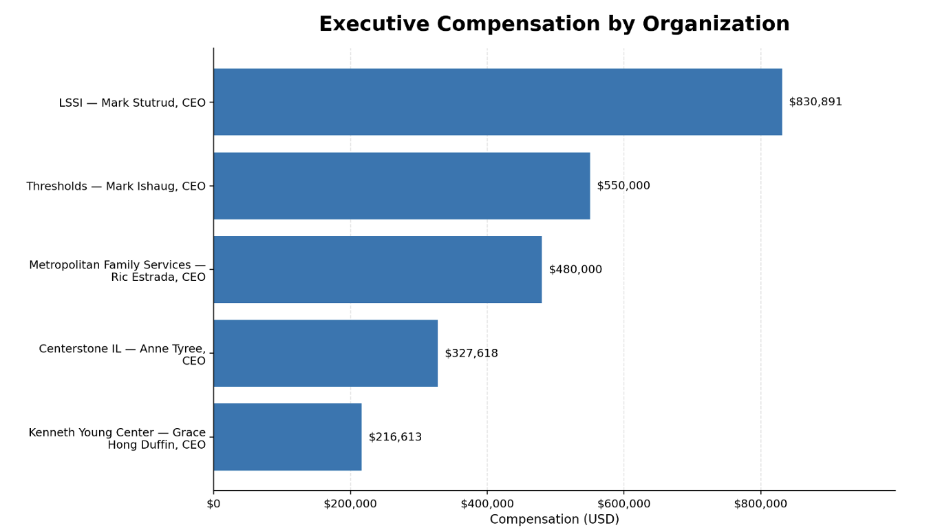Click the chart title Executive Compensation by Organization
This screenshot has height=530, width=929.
click(554, 25)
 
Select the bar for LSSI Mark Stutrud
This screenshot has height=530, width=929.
click(498, 102)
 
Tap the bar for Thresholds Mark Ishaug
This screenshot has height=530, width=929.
click(401, 186)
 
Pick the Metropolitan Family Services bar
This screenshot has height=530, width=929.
click(377, 270)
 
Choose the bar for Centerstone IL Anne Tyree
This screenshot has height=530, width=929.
click(325, 354)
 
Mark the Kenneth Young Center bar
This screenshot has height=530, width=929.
click(287, 437)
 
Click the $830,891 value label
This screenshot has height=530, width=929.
click(815, 102)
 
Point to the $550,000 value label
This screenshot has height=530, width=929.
click(623, 186)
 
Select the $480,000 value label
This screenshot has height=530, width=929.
click(575, 270)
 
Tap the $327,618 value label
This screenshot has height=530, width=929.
click(471, 354)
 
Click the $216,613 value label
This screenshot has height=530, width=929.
click(395, 437)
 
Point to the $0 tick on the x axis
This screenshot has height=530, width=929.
click(213, 504)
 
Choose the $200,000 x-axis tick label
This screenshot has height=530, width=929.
click(350, 504)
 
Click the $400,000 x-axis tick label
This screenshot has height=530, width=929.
click(487, 504)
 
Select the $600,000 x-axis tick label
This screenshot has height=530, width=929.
click(624, 504)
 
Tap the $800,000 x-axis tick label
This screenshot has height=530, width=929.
click(760, 504)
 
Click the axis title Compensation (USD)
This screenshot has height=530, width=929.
click(554, 520)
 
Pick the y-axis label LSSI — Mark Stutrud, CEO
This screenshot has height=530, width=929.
click(132, 103)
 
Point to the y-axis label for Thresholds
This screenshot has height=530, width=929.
click(116, 187)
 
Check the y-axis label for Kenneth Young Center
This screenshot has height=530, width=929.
click(117, 438)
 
